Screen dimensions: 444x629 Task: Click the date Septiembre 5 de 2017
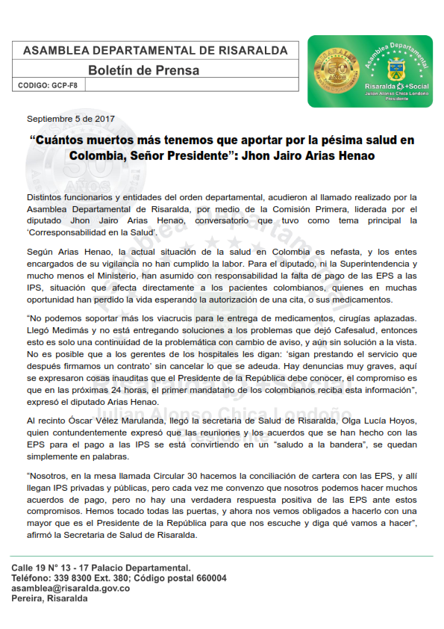(x=70, y=119)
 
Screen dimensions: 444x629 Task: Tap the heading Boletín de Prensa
(x=143, y=70)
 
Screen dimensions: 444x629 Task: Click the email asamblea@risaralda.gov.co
(x=71, y=589)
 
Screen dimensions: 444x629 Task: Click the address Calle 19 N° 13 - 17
(x=58, y=568)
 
